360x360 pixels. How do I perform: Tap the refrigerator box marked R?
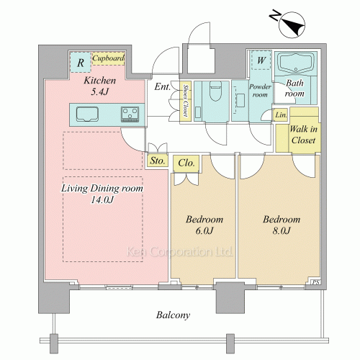click(81, 62)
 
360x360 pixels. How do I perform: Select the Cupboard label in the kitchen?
click(108, 58)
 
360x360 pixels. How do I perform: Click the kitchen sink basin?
click(87, 114)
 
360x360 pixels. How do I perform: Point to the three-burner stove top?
click(130, 114)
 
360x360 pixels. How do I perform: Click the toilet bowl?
click(215, 91)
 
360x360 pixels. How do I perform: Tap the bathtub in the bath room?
click(296, 62)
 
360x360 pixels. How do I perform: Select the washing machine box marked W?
click(261, 60)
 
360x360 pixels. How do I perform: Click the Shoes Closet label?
click(186, 100)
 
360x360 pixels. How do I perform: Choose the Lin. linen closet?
click(281, 115)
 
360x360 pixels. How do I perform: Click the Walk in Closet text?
click(303, 135)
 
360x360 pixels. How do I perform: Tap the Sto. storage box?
click(158, 161)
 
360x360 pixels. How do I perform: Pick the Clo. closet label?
click(186, 163)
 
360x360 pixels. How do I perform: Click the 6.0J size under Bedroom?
click(204, 230)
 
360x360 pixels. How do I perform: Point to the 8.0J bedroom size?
click(282, 230)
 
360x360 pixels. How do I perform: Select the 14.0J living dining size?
click(102, 199)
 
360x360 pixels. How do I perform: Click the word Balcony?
click(173, 315)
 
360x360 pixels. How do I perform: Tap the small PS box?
click(316, 282)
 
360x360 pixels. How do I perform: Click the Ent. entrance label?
click(163, 86)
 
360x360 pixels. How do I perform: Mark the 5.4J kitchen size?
click(100, 91)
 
